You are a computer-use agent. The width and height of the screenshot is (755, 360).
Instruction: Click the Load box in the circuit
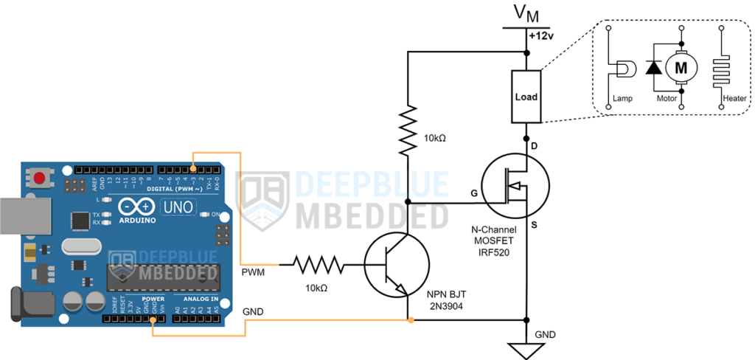[526, 97]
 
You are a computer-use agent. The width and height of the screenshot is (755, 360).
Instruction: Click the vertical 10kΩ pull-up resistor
[408, 131]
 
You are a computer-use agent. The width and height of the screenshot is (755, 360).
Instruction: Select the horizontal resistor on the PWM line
[318, 263]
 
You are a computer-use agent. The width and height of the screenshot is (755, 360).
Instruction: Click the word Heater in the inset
[714, 98]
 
